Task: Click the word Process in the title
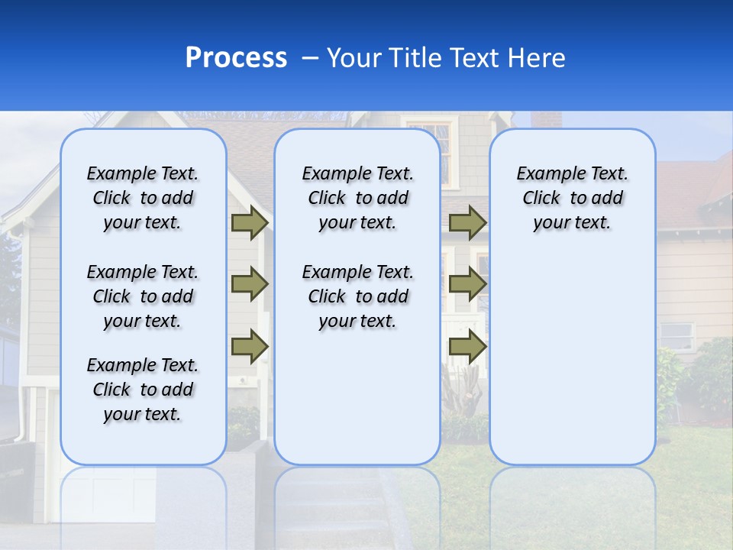(236, 58)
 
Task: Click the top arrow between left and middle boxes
(249, 222)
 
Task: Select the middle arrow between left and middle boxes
(249, 285)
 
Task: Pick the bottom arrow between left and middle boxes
(249, 347)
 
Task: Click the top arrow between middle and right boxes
(467, 222)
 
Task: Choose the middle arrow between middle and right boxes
(467, 285)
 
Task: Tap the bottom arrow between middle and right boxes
(467, 347)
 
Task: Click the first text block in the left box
(143, 198)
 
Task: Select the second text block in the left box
(143, 296)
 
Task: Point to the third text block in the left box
(143, 390)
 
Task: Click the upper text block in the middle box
(357, 198)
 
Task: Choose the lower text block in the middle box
(357, 296)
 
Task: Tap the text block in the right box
(572, 198)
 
